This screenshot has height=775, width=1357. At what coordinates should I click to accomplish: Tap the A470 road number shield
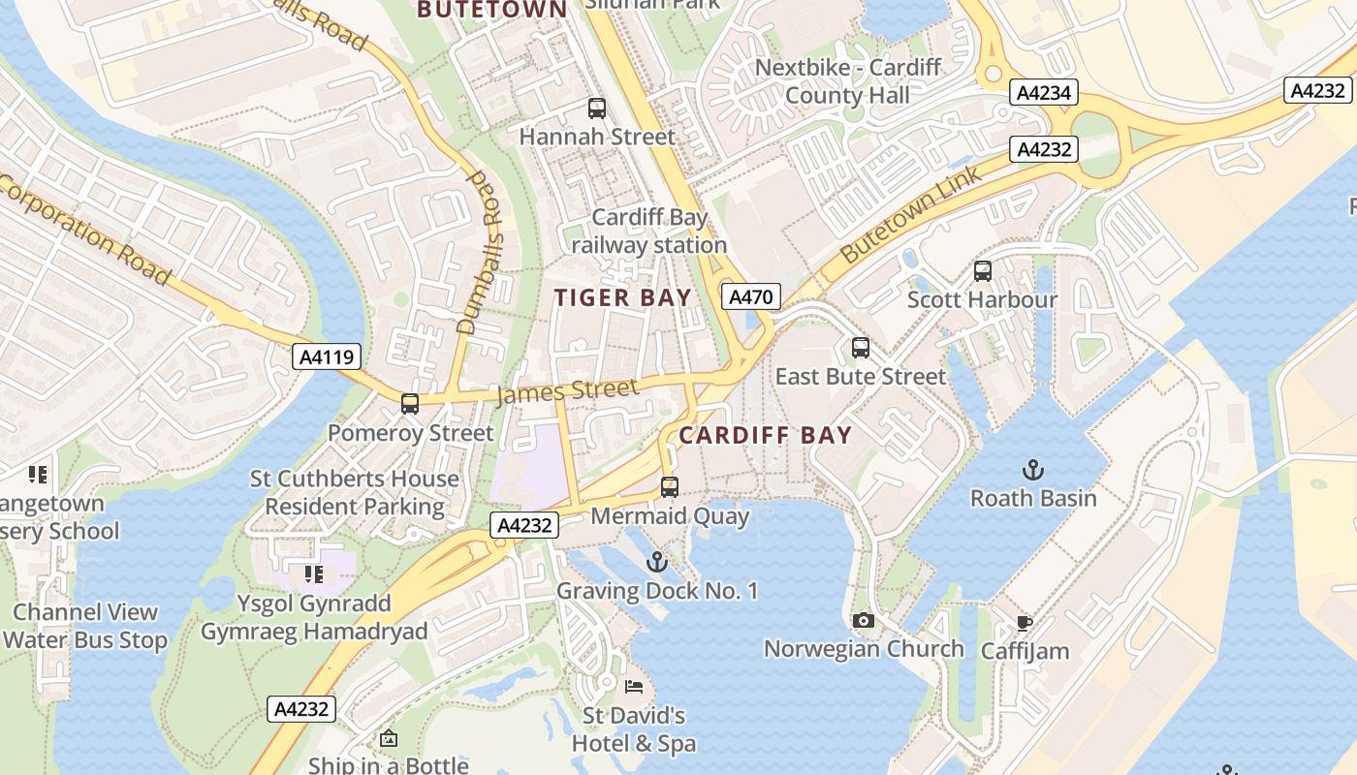click(x=751, y=296)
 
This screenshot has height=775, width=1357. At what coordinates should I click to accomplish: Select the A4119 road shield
click(x=327, y=356)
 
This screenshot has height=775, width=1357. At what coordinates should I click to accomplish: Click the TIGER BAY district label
click(x=623, y=297)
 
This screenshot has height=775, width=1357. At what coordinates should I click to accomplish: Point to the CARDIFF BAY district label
click(x=765, y=436)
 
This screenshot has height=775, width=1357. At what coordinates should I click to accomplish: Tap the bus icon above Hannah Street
click(x=597, y=108)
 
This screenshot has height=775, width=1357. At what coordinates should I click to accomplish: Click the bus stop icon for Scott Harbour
click(x=983, y=271)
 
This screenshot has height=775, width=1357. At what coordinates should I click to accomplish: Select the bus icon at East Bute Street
click(x=861, y=348)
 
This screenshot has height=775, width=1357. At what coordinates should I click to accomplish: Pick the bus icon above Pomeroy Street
click(x=410, y=404)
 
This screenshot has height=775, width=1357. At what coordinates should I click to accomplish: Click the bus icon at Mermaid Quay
click(x=670, y=487)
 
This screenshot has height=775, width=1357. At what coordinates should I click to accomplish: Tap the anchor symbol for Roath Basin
click(x=1033, y=471)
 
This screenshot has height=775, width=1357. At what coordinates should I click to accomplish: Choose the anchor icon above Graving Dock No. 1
click(x=657, y=562)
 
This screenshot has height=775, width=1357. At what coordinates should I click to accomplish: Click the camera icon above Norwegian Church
click(x=864, y=620)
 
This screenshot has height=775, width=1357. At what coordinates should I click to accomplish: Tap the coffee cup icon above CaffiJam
click(x=1025, y=623)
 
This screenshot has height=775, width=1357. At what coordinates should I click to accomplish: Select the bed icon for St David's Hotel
click(x=634, y=687)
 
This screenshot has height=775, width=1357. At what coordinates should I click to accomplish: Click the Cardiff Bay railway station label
click(x=649, y=232)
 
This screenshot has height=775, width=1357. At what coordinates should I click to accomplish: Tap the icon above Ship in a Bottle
click(x=389, y=739)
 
